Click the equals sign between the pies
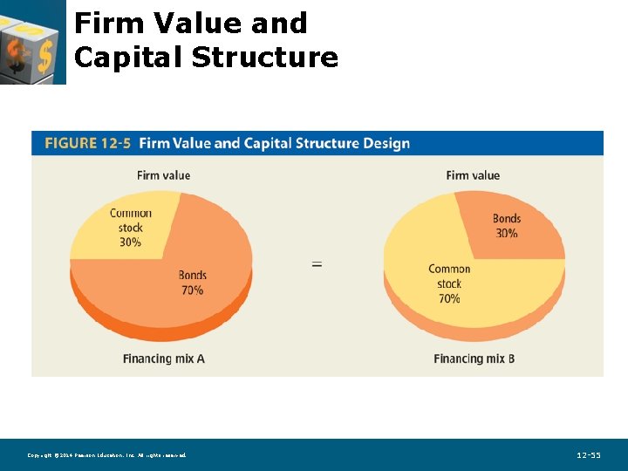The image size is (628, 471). coord(317,263)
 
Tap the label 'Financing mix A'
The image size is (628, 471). coord(164,358)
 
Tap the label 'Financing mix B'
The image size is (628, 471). coord(474,358)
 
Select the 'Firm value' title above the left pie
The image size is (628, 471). coord(163,175)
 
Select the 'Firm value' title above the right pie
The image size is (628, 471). coord(473,175)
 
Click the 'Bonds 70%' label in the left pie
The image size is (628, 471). coord(193,283)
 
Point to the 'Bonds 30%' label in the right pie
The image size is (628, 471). coord(506,226)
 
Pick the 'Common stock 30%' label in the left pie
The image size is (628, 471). coord(131,228)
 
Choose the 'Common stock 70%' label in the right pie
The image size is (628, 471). coord(449,283)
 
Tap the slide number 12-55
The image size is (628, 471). coord(589,455)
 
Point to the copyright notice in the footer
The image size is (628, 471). coord(106,455)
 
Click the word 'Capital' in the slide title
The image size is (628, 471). coord(129,58)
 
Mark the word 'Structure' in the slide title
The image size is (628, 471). coord(264,58)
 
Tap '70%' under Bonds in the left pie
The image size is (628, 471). coord(193,290)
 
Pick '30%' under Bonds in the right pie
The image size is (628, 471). coord(506,233)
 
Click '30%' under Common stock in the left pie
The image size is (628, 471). coord(131,242)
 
